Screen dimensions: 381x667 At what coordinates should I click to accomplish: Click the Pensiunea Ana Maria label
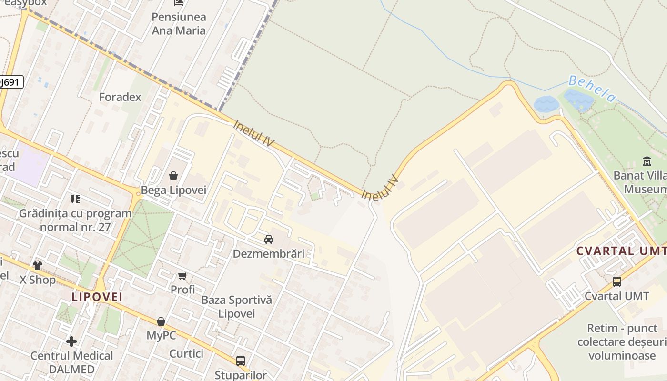(x=179, y=24)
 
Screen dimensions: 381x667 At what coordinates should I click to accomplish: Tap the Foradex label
(x=120, y=97)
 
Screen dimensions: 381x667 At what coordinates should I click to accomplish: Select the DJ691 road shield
(x=10, y=82)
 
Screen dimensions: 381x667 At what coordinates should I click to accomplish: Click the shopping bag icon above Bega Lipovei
(x=173, y=176)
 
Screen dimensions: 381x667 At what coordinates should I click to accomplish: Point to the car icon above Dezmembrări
(x=269, y=239)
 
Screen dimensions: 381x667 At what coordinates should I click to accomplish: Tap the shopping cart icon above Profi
(x=182, y=276)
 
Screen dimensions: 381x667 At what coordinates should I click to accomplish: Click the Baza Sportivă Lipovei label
(x=236, y=307)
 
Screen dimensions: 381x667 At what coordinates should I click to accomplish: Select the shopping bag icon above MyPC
(x=161, y=321)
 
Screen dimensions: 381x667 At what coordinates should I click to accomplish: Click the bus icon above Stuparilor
(x=241, y=361)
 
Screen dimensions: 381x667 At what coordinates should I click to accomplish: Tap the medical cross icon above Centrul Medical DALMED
(x=71, y=341)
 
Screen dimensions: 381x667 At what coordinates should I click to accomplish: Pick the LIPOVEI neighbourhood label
(x=97, y=297)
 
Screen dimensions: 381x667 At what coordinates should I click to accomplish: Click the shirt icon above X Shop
(x=38, y=265)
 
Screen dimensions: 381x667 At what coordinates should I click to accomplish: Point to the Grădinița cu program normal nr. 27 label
(x=75, y=220)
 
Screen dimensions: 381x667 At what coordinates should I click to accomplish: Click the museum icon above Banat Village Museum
(x=647, y=161)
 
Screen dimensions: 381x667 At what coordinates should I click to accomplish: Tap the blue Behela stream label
(x=592, y=89)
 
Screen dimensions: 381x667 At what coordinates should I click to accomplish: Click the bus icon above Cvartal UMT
(x=617, y=282)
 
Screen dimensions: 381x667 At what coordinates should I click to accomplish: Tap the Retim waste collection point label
(x=622, y=342)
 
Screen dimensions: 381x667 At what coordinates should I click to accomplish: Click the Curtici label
(x=186, y=354)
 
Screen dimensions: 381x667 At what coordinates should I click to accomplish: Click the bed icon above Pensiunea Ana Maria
(x=179, y=3)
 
